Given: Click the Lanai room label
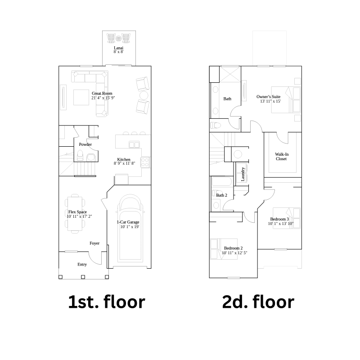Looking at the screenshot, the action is tap(118, 48).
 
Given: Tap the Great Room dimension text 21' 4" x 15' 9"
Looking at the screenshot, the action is tap(103, 98).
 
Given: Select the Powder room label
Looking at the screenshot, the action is tap(85, 144).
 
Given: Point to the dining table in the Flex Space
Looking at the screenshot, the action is tap(75, 214).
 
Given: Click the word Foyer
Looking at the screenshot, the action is tap(94, 243).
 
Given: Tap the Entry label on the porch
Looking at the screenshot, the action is tap(82, 265).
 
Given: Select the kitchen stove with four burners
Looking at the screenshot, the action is tap(145, 162).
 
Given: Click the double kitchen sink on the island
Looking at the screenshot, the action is tap(134, 144).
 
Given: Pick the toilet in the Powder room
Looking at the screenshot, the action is tap(80, 155).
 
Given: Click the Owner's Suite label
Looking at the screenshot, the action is tap(268, 97).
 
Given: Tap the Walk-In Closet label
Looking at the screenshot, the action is tap(282, 157).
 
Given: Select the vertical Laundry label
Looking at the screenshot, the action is tap(243, 174).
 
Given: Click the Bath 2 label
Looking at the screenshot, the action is tap(221, 195).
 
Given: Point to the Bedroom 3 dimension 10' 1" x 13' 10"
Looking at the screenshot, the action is tap(280, 224).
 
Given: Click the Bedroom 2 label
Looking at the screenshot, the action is tap(233, 248).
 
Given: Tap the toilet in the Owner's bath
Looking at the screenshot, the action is tap(216, 126).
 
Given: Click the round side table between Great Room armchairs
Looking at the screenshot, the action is tap(144, 95).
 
